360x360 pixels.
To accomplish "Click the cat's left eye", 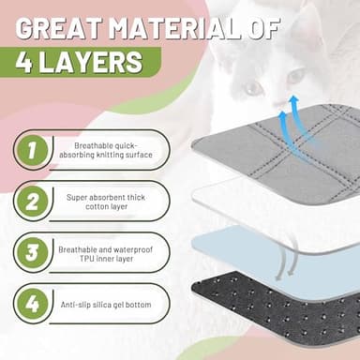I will [253, 89].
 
